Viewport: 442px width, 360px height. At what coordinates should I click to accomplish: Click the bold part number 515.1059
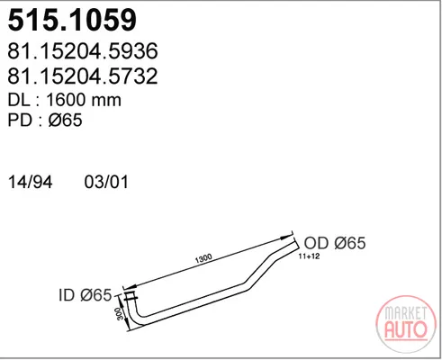(72, 20)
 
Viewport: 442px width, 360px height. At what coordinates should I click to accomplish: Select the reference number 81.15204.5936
(83, 50)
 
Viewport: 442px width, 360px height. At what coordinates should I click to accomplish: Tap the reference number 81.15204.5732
(83, 76)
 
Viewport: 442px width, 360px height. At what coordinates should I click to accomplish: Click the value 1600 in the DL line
(66, 100)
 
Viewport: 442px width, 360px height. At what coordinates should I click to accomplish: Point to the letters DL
(19, 100)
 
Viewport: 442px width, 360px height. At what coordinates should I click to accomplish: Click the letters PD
(20, 120)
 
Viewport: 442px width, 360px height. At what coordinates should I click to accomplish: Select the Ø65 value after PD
(65, 120)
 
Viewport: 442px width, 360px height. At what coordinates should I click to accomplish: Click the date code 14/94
(31, 182)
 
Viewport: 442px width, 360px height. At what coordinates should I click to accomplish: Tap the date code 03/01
(106, 182)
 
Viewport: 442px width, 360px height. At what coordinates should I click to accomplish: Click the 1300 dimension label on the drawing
(203, 258)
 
